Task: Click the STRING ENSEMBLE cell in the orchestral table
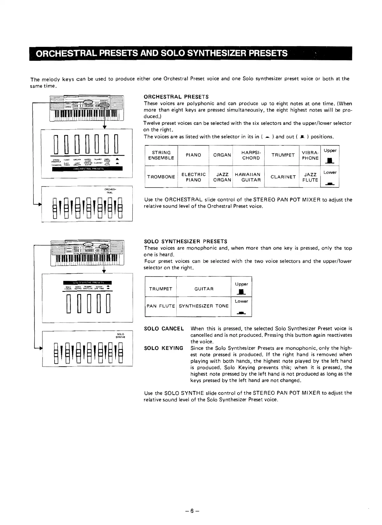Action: [161, 155]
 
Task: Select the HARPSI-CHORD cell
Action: [251, 155]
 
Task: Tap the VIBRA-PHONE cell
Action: [310, 155]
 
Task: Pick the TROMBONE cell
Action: [161, 177]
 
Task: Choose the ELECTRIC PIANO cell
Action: [193, 177]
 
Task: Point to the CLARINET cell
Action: [283, 177]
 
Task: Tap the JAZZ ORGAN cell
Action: [222, 177]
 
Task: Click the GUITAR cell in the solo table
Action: [204, 289]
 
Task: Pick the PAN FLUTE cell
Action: [161, 306]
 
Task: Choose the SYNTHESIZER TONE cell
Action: [204, 306]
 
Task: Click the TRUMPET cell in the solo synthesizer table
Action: [161, 289]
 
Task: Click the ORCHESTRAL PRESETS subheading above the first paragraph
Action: [176, 97]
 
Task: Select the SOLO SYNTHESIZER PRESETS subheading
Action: [185, 241]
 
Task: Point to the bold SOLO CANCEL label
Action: [164, 329]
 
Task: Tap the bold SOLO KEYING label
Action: [164, 348]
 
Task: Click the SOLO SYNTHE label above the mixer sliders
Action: [120, 336]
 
